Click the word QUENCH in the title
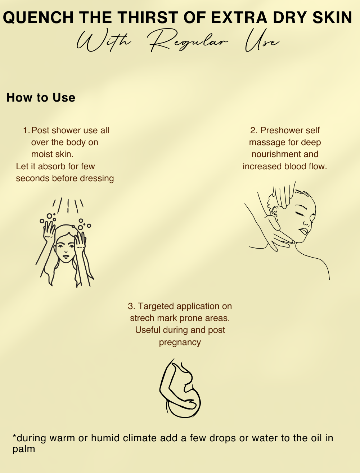coord(38,17)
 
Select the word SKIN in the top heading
coord(332,17)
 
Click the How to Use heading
coord(41,97)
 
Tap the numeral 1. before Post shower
coord(26,130)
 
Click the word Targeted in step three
coord(156,307)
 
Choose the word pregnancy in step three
coord(180,343)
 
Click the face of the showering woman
coord(66,250)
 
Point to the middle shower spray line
coord(68,206)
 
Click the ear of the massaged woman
coord(274,212)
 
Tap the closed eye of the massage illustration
coord(299,214)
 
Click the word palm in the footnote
coord(24,450)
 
